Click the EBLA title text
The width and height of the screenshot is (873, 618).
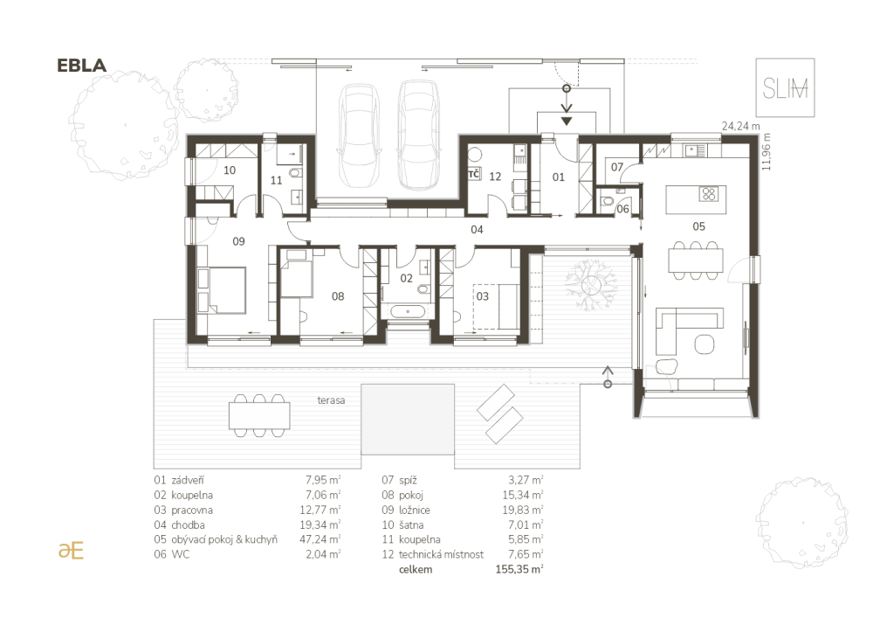81,66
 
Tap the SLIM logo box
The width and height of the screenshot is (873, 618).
785,87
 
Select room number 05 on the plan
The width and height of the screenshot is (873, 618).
698,226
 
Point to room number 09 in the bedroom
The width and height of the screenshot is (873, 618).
238,241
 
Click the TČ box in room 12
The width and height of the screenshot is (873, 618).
474,174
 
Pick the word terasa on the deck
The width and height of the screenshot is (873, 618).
331,400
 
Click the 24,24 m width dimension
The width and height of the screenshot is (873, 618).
740,127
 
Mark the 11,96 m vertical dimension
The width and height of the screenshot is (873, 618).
767,151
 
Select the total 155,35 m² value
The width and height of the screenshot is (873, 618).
519,570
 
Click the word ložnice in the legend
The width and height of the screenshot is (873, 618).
414,510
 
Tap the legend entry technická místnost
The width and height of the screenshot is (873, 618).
441,554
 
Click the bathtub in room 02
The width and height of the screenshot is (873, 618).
408,311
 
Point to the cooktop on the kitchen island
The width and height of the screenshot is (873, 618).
709,194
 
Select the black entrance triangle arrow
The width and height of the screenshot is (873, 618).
567,121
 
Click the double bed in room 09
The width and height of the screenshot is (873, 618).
222,290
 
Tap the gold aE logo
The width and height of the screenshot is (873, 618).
71,550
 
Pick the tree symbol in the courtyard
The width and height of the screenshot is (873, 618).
590,285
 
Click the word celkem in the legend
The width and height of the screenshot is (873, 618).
416,570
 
